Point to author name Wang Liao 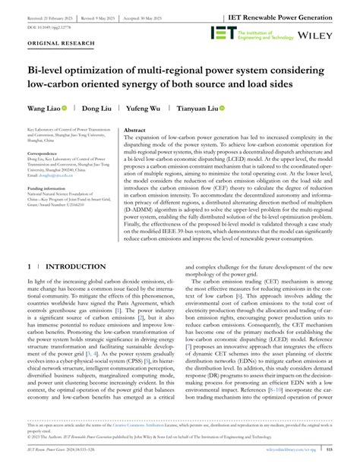pyautogui.click(x=42, y=109)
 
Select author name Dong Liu pyautogui.click(x=96, y=109)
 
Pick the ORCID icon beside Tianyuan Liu pyautogui.click(x=224, y=109)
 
